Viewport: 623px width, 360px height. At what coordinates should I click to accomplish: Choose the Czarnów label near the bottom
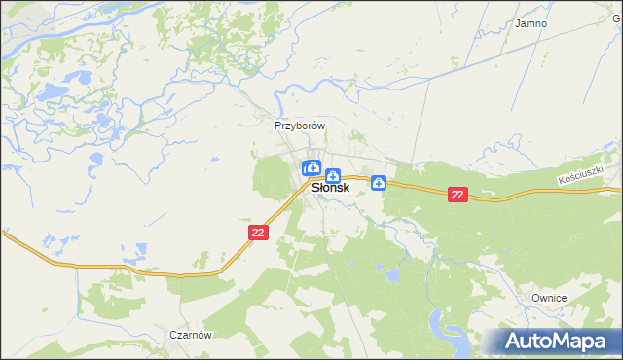click(190, 334)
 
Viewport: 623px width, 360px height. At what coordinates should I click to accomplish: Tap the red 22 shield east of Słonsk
click(459, 195)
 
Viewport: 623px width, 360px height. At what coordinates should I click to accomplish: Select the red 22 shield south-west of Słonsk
click(257, 233)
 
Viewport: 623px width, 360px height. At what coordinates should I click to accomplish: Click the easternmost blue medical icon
click(379, 182)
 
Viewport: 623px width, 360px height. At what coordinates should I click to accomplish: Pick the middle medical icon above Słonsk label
click(333, 176)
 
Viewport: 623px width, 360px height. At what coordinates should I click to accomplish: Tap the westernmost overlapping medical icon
click(308, 168)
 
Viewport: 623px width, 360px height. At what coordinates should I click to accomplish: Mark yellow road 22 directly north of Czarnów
click(190, 274)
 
